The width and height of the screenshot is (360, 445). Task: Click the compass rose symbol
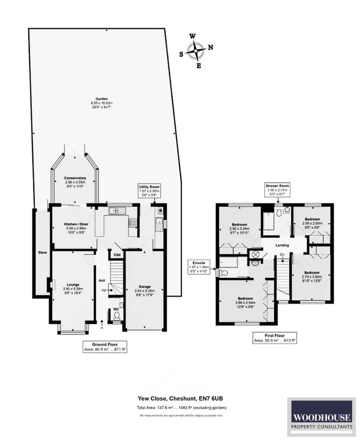click(x=197, y=50)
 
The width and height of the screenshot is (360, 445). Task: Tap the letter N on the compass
click(x=211, y=47)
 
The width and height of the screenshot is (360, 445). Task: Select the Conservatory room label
click(x=75, y=178)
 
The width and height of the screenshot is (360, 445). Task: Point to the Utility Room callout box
click(x=149, y=191)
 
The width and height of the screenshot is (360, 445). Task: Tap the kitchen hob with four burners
click(x=132, y=223)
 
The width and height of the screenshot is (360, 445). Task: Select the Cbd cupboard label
click(x=117, y=255)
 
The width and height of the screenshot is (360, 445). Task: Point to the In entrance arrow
click(x=102, y=323)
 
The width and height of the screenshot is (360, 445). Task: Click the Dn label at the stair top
click(x=282, y=254)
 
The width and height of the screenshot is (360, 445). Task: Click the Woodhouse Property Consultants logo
click(x=321, y=417)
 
